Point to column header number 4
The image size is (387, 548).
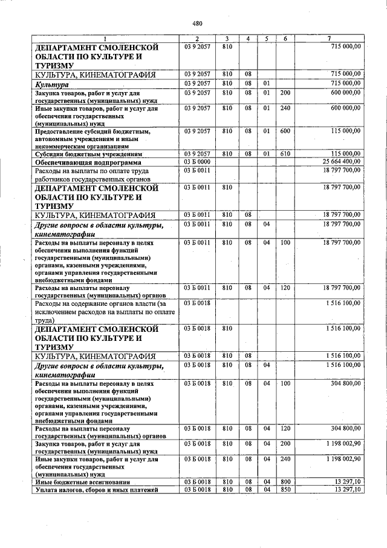[x=248, y=39]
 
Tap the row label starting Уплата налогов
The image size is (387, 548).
[x=97, y=490]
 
